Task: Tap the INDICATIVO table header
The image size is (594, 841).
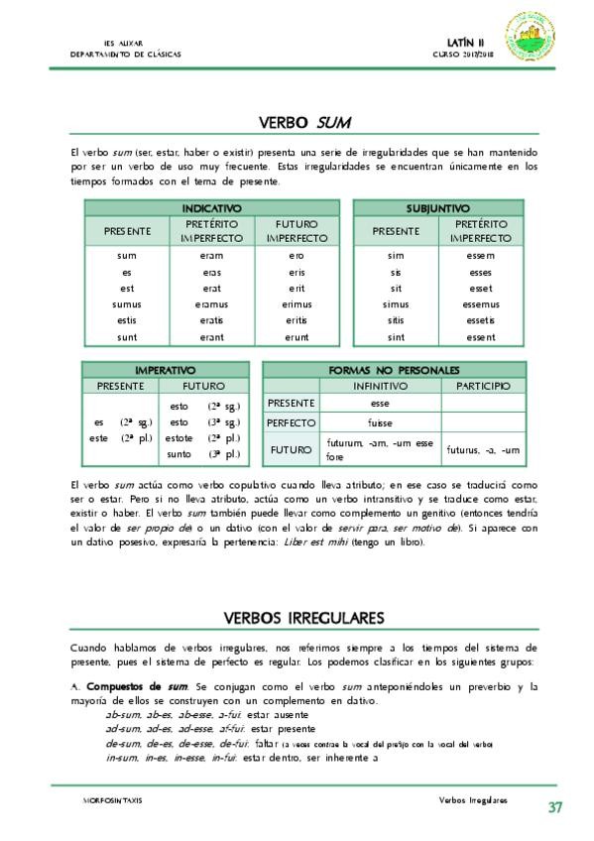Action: point(212,208)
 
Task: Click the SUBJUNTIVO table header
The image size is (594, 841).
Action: point(438,208)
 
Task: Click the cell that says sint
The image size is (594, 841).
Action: point(396,337)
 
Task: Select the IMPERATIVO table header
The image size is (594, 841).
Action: point(165,370)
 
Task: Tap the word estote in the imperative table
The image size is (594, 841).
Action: point(179,437)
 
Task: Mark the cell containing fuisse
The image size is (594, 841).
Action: point(380,422)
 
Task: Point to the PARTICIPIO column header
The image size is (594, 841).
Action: point(482,386)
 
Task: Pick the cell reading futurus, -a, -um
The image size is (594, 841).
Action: point(483,451)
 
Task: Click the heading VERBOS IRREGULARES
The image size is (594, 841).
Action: point(304,618)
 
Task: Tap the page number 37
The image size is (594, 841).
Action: point(555,807)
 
